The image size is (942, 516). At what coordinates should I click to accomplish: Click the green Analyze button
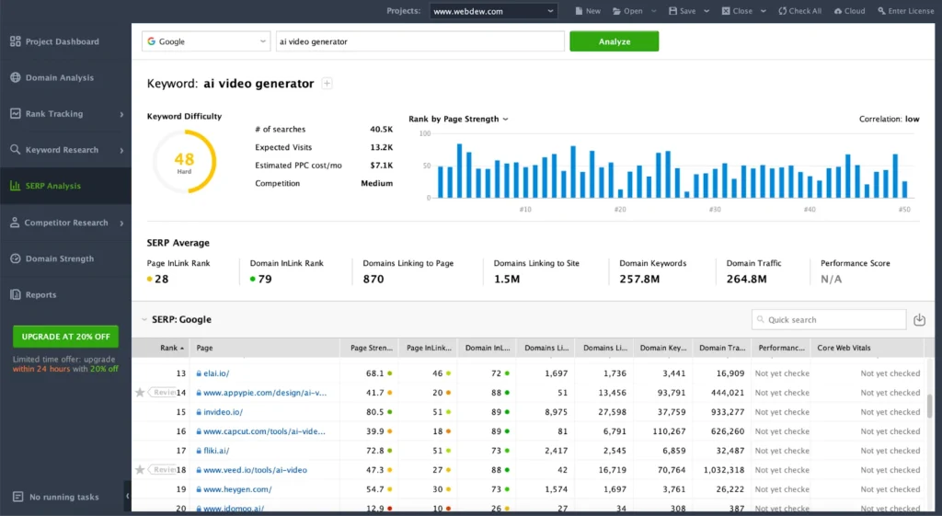[x=614, y=41]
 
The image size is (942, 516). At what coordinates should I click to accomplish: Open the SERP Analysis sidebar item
[x=53, y=186]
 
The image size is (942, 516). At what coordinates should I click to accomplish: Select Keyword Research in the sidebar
[x=62, y=150]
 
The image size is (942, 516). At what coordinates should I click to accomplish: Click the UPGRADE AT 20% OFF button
[x=65, y=337]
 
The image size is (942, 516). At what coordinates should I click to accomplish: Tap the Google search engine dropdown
[x=205, y=41]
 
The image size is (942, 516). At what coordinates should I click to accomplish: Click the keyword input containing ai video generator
[x=419, y=41]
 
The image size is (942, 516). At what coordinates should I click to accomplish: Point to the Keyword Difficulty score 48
[x=184, y=160]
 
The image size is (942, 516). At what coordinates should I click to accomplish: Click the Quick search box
[x=828, y=319]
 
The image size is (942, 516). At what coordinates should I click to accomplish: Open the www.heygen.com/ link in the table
[x=237, y=489]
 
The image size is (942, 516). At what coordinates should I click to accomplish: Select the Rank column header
[x=169, y=349]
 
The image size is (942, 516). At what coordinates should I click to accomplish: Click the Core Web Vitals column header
[x=844, y=349]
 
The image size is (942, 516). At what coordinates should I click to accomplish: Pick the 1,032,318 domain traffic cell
[x=722, y=470]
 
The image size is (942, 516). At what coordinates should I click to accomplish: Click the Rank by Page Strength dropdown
[x=458, y=119]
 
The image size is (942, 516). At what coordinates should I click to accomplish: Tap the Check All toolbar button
[x=799, y=11]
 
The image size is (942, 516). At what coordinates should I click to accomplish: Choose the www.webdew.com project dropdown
[x=493, y=11]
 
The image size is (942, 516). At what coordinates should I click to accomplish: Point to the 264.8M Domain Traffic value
[x=746, y=279]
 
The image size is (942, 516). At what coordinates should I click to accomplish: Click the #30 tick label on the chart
[x=714, y=209]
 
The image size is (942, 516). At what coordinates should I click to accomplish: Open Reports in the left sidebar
[x=40, y=295]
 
